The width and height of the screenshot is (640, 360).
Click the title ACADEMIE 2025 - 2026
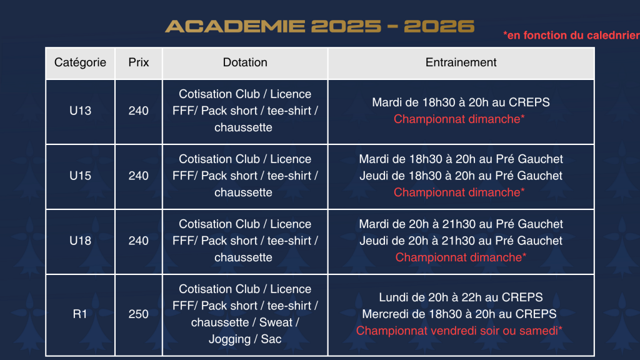[x=319, y=26]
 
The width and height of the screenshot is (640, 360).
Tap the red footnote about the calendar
[x=571, y=36]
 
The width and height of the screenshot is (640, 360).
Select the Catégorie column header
[x=80, y=62]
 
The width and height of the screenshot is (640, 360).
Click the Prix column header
[x=138, y=62]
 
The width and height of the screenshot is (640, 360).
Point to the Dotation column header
[x=245, y=62]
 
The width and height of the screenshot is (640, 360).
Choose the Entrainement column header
[x=461, y=62]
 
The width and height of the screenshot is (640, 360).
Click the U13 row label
[x=80, y=111]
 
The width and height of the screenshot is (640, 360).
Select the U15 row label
[x=80, y=176]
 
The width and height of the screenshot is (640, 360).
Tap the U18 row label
[x=80, y=241]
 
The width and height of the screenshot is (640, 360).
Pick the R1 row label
[x=80, y=314]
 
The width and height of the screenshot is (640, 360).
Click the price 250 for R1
[x=138, y=314]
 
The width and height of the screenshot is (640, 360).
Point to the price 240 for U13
[x=138, y=111]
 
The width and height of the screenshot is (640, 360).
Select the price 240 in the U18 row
[x=138, y=241]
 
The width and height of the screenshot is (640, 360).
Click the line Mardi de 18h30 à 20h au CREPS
[x=461, y=102]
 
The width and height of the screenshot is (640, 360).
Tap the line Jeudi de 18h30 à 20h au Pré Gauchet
[x=461, y=176]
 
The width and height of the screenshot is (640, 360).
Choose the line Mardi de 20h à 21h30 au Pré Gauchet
[x=461, y=224]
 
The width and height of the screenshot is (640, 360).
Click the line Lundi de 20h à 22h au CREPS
[x=461, y=297]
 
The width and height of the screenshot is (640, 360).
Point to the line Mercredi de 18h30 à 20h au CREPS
[x=459, y=314]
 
